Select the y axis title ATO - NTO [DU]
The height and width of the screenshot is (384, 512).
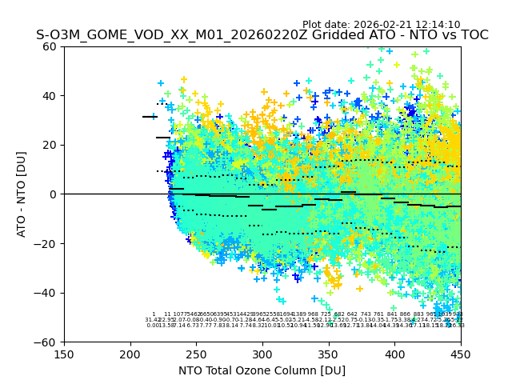22,194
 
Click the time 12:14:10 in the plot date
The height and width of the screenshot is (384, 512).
437,25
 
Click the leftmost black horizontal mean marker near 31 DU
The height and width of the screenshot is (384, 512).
150,117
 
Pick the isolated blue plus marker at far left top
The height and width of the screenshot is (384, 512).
161,83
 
